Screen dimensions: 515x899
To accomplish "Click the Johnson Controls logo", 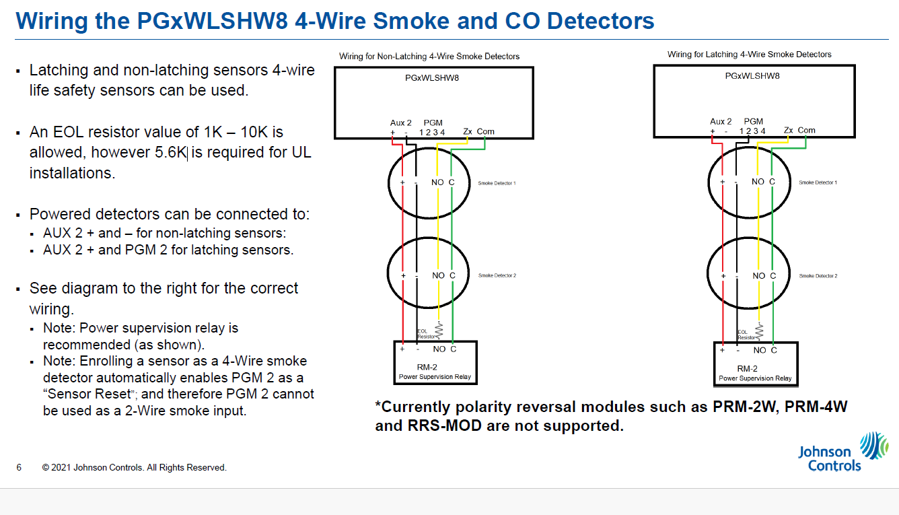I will click(842, 452).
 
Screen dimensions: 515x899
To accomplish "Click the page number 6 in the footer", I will click(19, 467).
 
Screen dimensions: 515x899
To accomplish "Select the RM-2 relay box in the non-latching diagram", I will click(435, 363).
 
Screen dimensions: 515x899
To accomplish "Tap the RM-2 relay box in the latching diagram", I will click(755, 364).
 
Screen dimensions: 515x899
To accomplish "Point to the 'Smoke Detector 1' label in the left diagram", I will click(497, 183).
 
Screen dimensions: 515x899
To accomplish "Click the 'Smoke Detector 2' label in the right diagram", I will click(818, 276).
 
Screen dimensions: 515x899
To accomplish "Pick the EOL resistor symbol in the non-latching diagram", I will click(439, 329).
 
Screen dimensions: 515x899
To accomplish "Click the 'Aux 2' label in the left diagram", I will click(400, 123).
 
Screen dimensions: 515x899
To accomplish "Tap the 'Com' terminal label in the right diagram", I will click(806, 130).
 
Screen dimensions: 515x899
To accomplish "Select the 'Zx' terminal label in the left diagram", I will click(468, 131).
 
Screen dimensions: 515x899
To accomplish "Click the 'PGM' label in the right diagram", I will click(754, 122).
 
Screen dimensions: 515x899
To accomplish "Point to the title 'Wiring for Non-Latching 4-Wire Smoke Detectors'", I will click(429, 56).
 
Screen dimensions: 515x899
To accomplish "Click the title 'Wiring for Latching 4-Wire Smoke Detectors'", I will click(749, 55).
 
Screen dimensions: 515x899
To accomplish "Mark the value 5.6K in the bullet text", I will click(170, 153).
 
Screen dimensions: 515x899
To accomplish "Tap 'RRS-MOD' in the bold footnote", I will click(441, 425).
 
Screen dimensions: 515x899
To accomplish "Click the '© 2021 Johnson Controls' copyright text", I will click(134, 467).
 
